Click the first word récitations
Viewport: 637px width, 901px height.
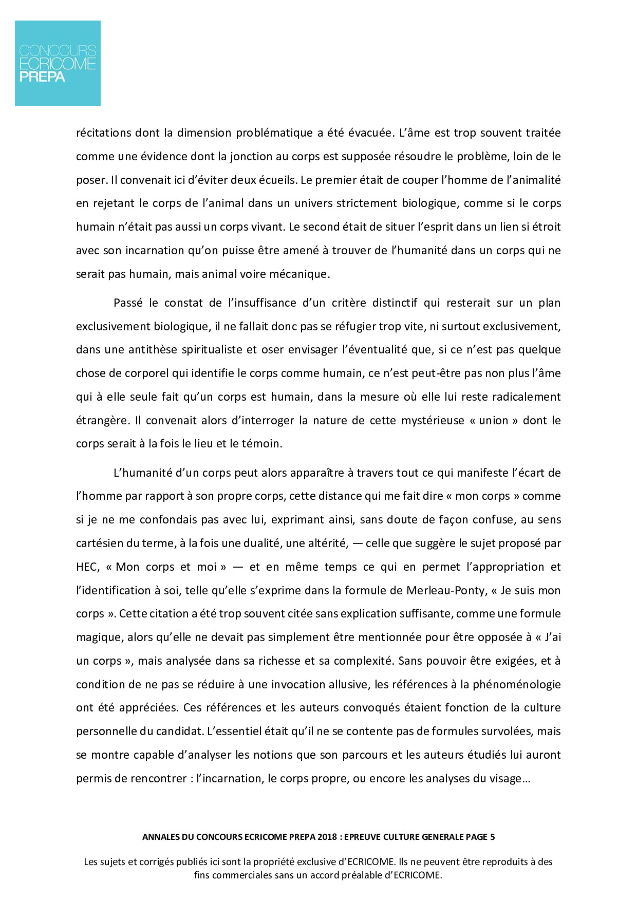click(103, 133)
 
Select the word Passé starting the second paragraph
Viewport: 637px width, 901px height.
click(128, 303)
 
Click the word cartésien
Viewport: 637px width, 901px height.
click(99, 543)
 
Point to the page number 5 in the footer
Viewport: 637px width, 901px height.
click(492, 837)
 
